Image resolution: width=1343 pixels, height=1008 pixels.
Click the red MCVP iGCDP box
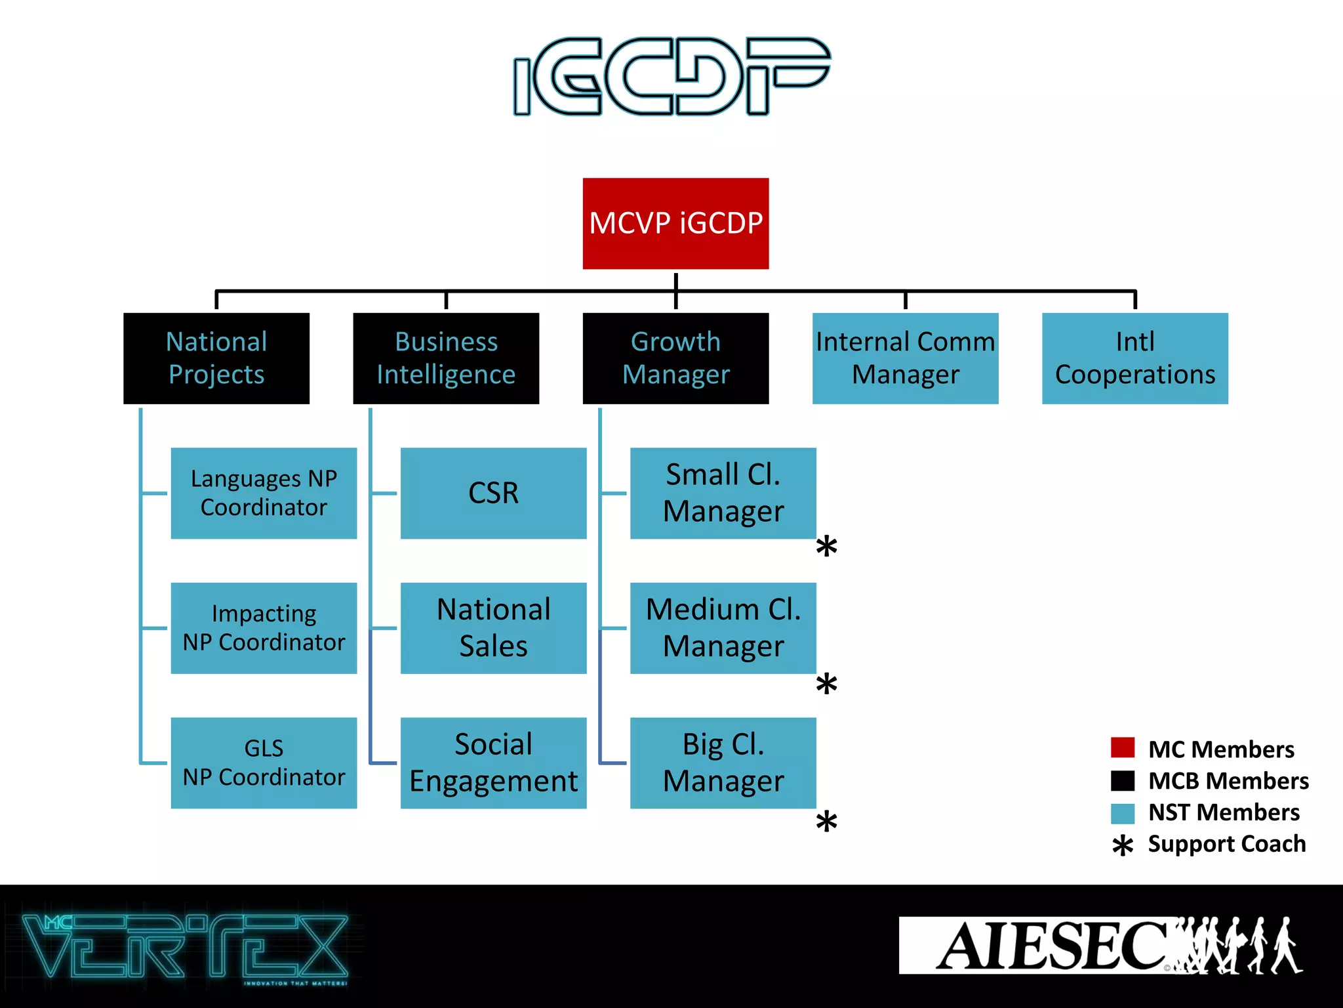coord(675,223)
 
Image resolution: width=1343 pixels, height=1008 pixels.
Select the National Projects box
coord(216,358)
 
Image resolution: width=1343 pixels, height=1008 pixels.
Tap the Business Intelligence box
coord(446,358)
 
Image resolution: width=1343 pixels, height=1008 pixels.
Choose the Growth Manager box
coord(675,358)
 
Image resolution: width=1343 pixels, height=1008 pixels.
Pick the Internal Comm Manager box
coord(905,358)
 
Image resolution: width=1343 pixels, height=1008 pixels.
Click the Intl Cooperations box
coord(1134,358)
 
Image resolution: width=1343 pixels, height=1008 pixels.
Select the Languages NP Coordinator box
coord(264,493)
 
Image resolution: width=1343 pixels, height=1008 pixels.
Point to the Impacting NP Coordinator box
coord(264,628)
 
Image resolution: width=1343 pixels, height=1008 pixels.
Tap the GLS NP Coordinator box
coord(264,763)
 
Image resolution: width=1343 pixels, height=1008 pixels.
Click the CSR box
coord(493,493)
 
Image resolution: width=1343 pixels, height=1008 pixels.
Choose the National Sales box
coord(493,628)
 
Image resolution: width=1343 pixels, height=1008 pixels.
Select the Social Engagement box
coord(493,763)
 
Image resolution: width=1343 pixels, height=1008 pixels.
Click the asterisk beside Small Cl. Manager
coord(826,546)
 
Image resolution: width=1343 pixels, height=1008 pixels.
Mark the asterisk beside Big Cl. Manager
coord(826,822)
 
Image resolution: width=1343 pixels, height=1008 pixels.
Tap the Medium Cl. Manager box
coord(723,628)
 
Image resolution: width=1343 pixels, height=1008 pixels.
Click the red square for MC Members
coord(1123,747)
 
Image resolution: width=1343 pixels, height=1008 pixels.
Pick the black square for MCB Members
coord(1123,780)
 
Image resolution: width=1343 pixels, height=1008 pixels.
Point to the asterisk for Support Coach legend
coord(1123,845)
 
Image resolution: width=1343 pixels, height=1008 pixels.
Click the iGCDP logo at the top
coord(671,76)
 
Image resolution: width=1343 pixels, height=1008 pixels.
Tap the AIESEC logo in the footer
coord(1100,946)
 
